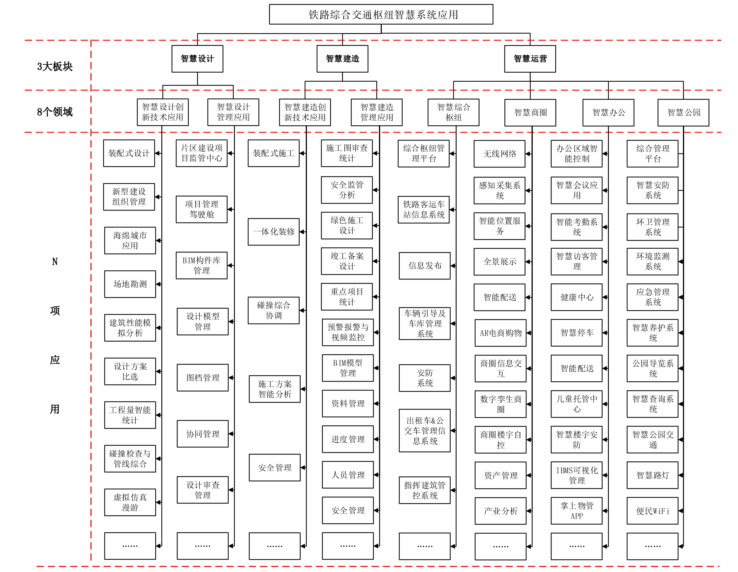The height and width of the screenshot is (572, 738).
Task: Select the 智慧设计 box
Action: click(197, 59)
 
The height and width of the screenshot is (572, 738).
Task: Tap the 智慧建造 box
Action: click(342, 59)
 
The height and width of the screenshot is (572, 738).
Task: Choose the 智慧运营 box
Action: click(530, 59)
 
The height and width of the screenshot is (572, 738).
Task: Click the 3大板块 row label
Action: click(55, 66)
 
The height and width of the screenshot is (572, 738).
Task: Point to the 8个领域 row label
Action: click(55, 112)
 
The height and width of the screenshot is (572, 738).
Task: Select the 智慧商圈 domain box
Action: click(530, 112)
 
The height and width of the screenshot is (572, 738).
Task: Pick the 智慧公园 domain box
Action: click(683, 112)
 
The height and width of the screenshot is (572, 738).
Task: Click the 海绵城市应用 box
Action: click(130, 240)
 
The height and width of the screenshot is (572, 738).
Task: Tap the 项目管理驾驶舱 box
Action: click(201, 209)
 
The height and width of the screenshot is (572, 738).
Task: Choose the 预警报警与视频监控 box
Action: click(348, 332)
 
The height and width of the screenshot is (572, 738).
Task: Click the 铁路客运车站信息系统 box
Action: click(424, 209)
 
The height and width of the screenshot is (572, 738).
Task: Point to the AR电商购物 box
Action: click(500, 333)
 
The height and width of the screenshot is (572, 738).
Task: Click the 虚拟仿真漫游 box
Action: click(130, 502)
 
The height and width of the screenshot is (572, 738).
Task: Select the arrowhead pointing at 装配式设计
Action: click(157, 153)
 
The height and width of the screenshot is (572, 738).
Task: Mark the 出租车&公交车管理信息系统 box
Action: click(425, 431)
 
